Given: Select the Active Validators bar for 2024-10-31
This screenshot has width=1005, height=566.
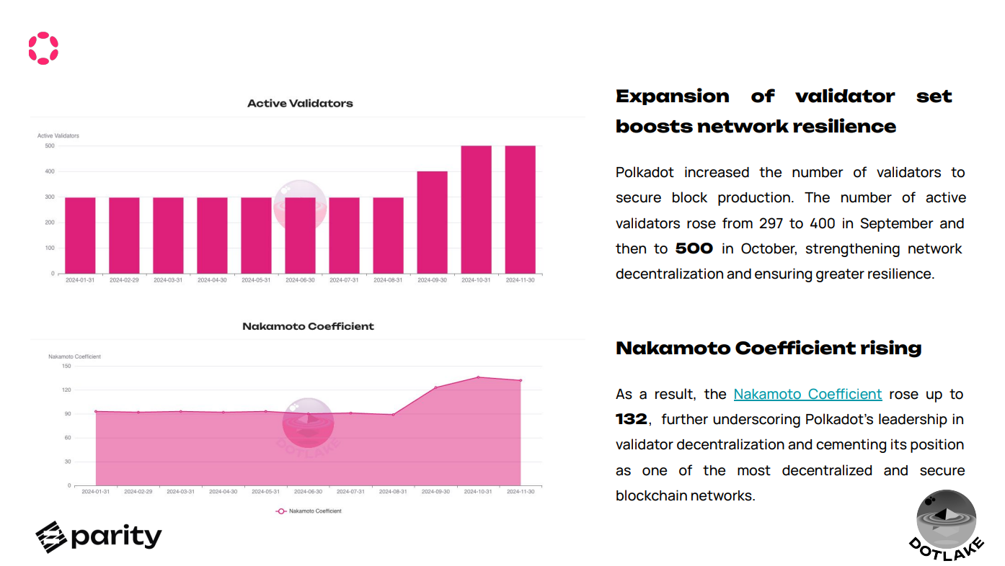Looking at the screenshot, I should [x=476, y=210].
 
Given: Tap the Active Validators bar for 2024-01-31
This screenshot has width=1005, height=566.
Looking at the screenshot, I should [x=80, y=235].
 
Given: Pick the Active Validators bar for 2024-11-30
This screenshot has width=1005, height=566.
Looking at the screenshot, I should [x=520, y=210].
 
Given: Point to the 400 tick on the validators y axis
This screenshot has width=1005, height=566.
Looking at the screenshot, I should [x=50, y=171].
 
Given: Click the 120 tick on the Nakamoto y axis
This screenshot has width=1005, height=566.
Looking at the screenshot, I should [x=66, y=390].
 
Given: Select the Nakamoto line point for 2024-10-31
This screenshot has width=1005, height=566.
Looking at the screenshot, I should [x=478, y=377].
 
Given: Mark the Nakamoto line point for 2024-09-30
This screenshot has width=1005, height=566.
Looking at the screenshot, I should [x=435, y=387].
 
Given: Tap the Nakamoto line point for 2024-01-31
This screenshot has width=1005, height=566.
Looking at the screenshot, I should [x=96, y=412].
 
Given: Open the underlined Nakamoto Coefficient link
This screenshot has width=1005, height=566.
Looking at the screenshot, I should [x=807, y=394].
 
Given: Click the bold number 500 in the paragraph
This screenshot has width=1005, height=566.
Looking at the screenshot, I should [x=694, y=248].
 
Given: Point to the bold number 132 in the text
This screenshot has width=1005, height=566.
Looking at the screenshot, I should [x=632, y=419].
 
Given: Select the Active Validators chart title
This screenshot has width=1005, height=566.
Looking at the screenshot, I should [x=300, y=103].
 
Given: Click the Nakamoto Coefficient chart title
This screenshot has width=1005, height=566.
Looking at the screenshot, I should [x=308, y=326].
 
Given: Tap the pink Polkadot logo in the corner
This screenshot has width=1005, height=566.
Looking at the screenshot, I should [x=43, y=48].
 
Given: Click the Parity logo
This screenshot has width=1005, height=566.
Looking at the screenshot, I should [x=99, y=536].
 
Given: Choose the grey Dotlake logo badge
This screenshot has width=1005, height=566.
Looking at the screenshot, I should [x=946, y=522].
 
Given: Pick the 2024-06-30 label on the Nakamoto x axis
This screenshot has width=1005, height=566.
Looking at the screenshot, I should [x=308, y=492].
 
